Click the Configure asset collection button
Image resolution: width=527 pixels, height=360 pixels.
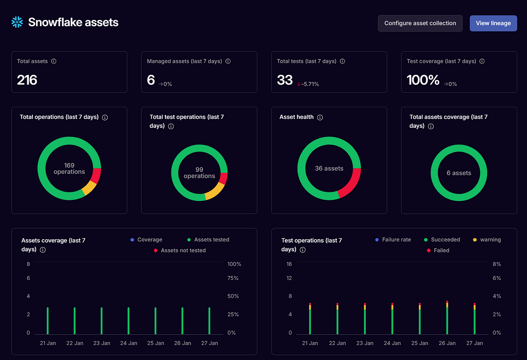pos(420,23)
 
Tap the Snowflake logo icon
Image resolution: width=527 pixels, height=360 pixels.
pos(17,22)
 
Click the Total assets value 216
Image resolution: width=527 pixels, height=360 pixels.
pos(27,80)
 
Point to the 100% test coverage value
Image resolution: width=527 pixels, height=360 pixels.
pos(423,80)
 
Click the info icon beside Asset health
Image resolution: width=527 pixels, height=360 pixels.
pos(320,118)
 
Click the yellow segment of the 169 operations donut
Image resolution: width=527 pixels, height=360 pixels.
pos(89,188)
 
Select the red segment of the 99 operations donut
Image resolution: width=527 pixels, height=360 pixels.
pos(223,178)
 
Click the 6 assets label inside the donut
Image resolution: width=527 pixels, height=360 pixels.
pos(459,173)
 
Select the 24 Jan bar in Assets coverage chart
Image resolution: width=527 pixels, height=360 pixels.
pos(128,321)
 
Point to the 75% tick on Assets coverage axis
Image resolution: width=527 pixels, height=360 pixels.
pos(233,278)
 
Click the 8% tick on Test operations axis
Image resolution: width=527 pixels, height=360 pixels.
pos(497,264)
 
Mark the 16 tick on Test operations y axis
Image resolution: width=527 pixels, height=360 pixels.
pos(289,264)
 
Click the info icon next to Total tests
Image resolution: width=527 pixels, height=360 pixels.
pos(342,61)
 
